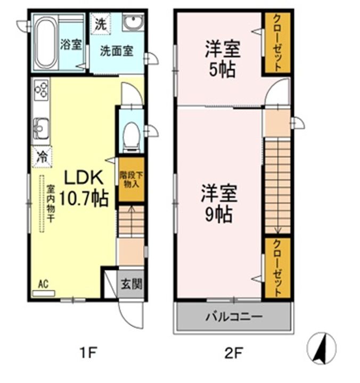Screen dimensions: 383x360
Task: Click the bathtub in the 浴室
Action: click(44, 43)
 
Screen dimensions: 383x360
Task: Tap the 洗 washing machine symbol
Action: click(100, 24)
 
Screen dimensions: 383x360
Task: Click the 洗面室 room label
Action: click(117, 52)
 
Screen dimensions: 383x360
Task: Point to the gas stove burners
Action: click(41, 89)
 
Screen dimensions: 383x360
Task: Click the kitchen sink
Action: click(41, 128)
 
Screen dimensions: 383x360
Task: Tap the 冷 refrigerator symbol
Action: click(41, 156)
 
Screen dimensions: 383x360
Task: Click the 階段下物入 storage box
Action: click(130, 180)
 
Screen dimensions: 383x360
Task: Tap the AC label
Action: click(43, 285)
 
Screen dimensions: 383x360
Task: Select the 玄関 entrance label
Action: click(130, 284)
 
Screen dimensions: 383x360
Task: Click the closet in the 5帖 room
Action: click(277, 43)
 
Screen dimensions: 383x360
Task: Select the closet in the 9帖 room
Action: click(277, 268)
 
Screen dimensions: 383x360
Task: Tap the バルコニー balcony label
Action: click(233, 318)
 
